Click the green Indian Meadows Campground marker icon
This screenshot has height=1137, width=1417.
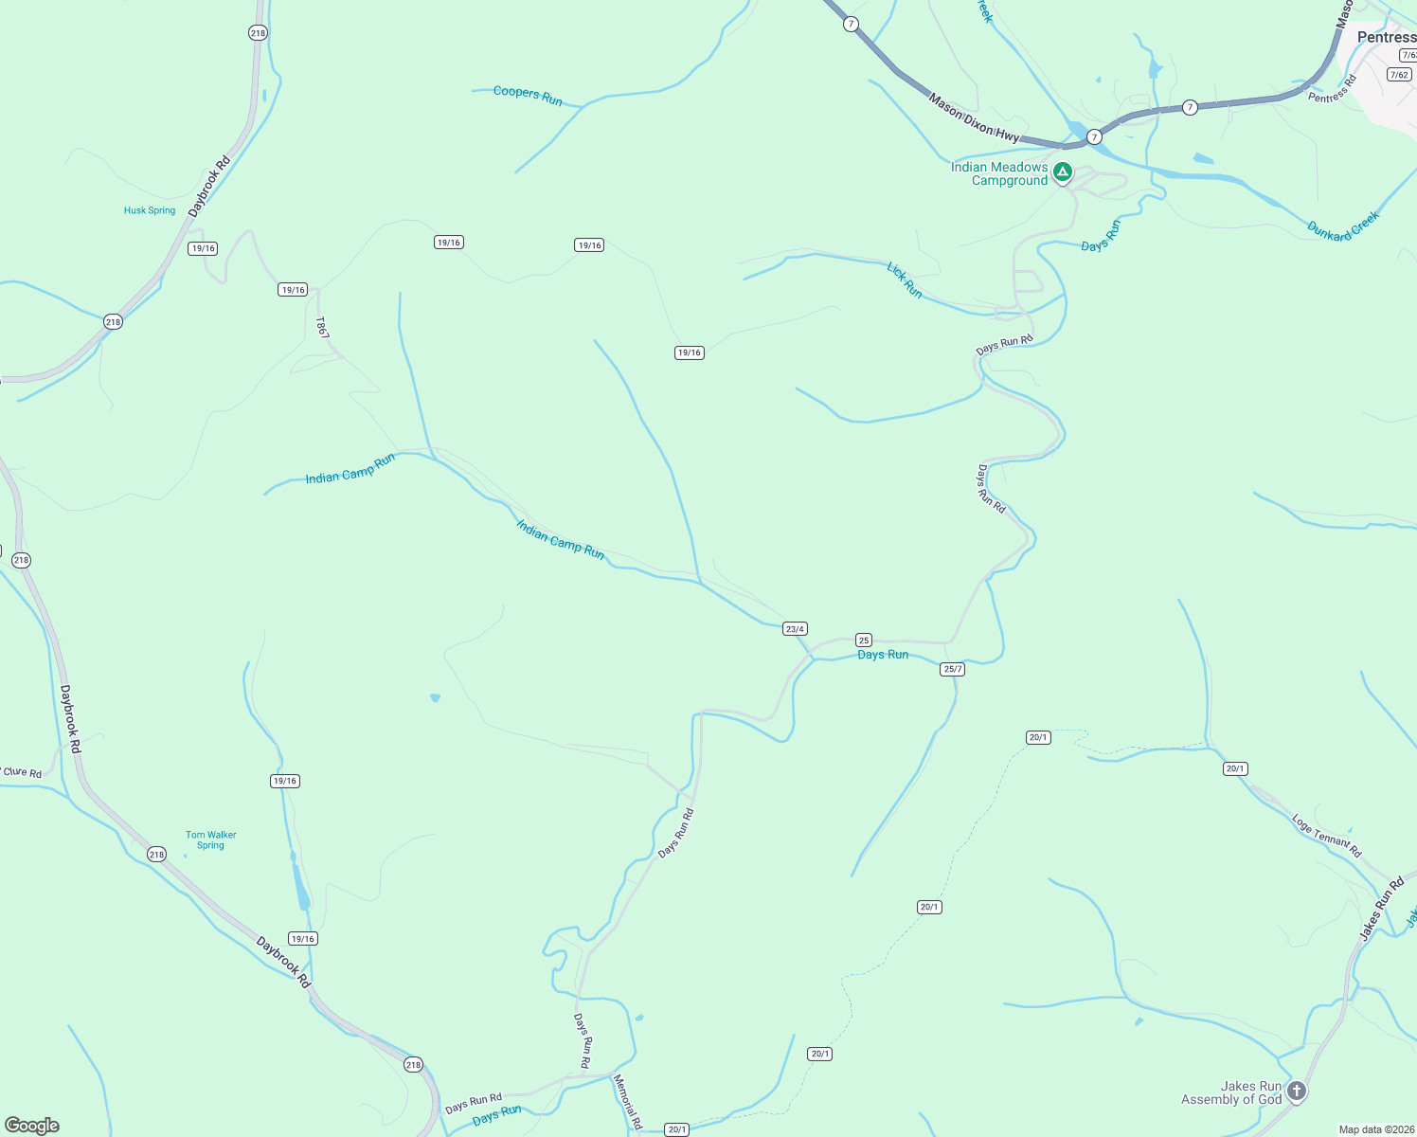point(1063,171)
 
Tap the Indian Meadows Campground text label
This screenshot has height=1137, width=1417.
point(999,173)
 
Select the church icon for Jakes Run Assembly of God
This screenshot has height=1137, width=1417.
point(1297,1092)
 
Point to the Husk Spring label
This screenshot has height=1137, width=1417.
point(150,210)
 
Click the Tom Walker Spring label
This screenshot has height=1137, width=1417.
point(210,840)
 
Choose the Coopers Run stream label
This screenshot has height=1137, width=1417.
point(528,96)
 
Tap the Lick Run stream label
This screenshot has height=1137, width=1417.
point(905,280)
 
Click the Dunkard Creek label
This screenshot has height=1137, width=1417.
point(1343,226)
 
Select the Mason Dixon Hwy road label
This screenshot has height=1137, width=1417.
point(974,118)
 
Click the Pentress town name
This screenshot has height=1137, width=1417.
point(1387,37)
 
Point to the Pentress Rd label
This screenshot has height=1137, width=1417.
point(1332,89)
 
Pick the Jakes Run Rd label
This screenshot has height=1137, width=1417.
point(1382,909)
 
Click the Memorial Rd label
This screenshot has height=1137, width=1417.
point(628,1101)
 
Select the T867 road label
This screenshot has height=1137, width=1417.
point(322,328)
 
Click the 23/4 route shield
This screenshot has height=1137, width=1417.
point(795,629)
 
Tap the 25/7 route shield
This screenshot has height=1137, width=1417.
point(953,669)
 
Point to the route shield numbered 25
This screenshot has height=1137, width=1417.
point(864,640)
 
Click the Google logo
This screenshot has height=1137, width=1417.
point(32,1126)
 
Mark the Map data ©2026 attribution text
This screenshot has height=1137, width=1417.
point(1375,1129)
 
